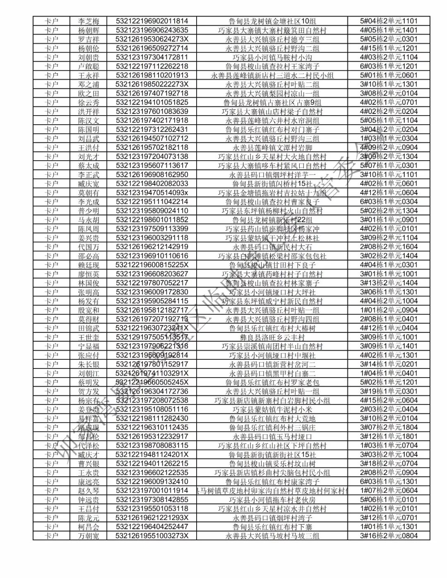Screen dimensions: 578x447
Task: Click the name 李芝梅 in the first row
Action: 89,21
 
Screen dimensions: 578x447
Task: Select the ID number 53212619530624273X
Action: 152,39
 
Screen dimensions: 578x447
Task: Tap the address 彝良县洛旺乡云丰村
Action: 272,337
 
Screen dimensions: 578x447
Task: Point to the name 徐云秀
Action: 89,103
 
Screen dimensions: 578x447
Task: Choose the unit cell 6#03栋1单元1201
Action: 389,66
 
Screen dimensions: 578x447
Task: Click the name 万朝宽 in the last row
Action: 89,536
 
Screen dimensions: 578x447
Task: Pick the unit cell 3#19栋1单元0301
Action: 389,391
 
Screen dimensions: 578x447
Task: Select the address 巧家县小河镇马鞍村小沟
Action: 272,58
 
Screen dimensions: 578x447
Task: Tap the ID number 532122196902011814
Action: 152,21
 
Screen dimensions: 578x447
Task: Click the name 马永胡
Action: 89,220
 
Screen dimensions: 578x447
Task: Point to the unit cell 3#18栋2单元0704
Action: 389,464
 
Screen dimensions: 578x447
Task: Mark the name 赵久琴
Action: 89,491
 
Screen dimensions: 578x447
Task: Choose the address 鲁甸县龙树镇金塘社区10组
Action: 272,21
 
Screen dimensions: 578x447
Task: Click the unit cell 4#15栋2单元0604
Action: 389,400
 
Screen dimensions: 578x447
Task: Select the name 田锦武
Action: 89,328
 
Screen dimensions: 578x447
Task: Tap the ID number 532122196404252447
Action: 152,527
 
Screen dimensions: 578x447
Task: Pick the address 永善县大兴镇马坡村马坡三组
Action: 272,536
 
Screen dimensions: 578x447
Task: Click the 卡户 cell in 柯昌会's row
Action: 51,527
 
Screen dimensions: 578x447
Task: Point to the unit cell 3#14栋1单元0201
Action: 389,364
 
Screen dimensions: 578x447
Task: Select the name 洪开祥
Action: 89,112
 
